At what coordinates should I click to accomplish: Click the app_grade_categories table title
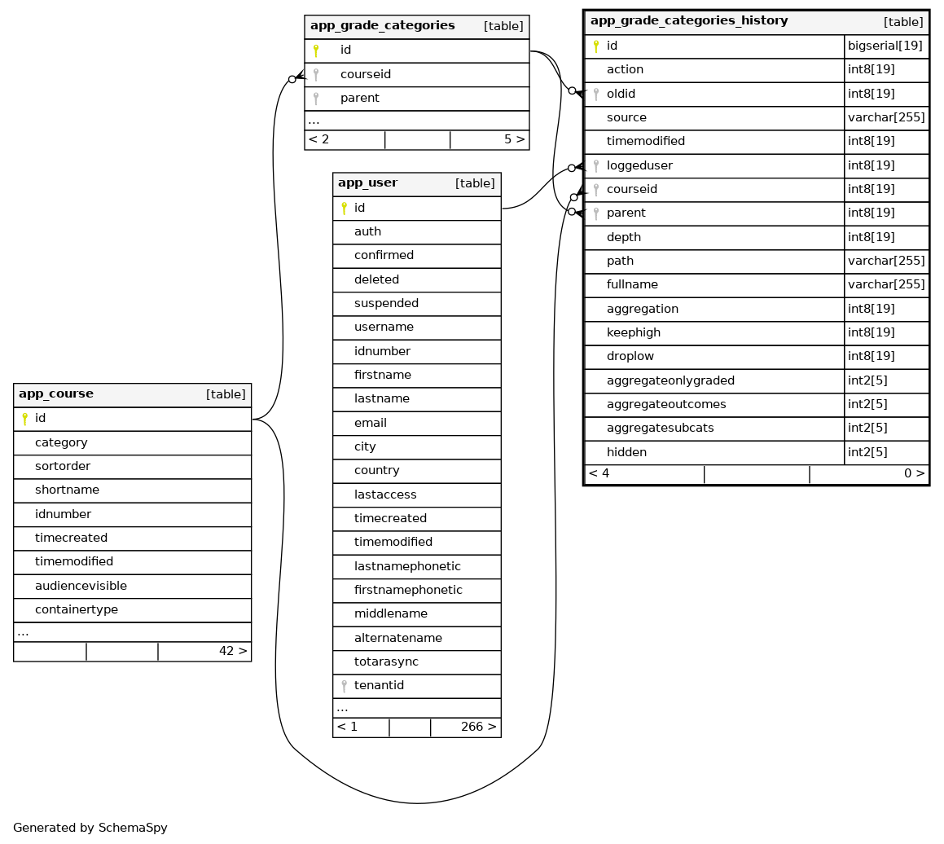click(382, 26)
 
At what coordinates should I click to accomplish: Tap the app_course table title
click(56, 394)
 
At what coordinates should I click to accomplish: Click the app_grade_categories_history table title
click(688, 21)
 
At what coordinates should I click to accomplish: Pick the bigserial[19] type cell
click(885, 46)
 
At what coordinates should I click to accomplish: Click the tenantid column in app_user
click(379, 686)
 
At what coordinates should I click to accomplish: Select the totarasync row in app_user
click(386, 662)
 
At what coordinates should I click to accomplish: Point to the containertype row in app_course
click(77, 609)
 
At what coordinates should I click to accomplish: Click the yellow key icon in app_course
click(24, 419)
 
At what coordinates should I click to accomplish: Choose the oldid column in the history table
click(621, 94)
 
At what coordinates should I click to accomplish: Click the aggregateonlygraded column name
click(670, 380)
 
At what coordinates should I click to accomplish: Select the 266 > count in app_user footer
click(478, 728)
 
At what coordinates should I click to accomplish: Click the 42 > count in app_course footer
click(233, 652)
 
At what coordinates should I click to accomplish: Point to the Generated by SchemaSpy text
click(90, 828)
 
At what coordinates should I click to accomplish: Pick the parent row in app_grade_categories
click(359, 98)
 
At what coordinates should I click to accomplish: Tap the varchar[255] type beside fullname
click(886, 285)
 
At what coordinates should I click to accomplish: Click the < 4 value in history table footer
click(599, 474)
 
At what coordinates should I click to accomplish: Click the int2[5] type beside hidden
click(867, 452)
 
